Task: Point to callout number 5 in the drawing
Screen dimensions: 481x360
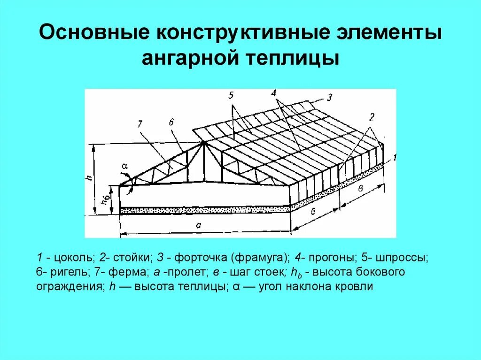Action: click(231, 96)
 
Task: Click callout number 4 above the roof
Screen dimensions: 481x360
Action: click(273, 93)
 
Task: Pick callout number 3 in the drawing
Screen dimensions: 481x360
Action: click(330, 98)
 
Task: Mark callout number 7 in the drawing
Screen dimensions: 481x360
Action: click(140, 124)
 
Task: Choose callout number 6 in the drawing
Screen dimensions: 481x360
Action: click(172, 122)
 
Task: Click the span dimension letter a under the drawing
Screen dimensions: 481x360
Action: click(199, 225)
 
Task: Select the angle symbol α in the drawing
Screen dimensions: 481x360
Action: click(124, 166)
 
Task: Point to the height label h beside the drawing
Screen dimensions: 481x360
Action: click(88, 178)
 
